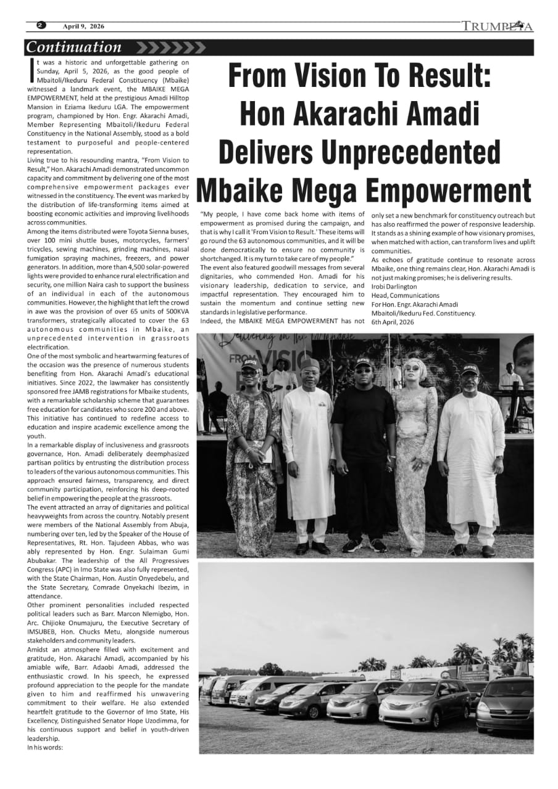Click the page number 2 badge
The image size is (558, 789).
point(41,26)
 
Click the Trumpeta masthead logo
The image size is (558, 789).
point(497,27)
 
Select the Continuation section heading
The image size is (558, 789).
point(75,47)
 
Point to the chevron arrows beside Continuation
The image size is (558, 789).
point(170,47)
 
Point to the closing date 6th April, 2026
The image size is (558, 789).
point(393,322)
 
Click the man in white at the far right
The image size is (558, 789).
point(472,456)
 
